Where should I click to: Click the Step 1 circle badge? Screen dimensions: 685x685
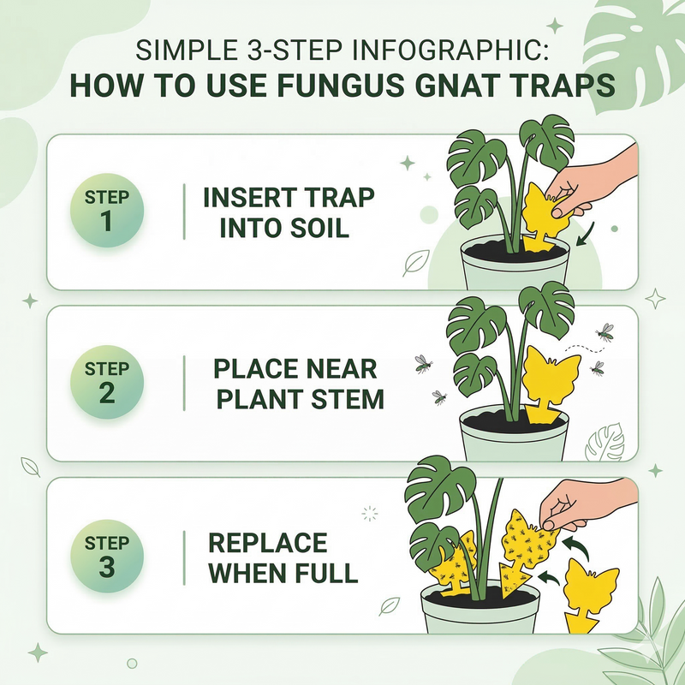107,210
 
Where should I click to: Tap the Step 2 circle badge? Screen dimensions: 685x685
107,382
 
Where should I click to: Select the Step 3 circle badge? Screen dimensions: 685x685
107,556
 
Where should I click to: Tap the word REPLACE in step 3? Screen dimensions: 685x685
268,543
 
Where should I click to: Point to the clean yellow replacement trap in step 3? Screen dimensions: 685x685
590,594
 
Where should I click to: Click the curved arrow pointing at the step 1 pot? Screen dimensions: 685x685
587,234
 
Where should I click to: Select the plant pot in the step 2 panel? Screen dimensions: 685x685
514,433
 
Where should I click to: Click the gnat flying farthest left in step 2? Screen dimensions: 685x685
423,363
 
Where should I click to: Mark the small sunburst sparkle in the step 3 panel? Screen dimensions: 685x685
370,514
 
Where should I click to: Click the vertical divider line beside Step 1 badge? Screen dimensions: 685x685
184,211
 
